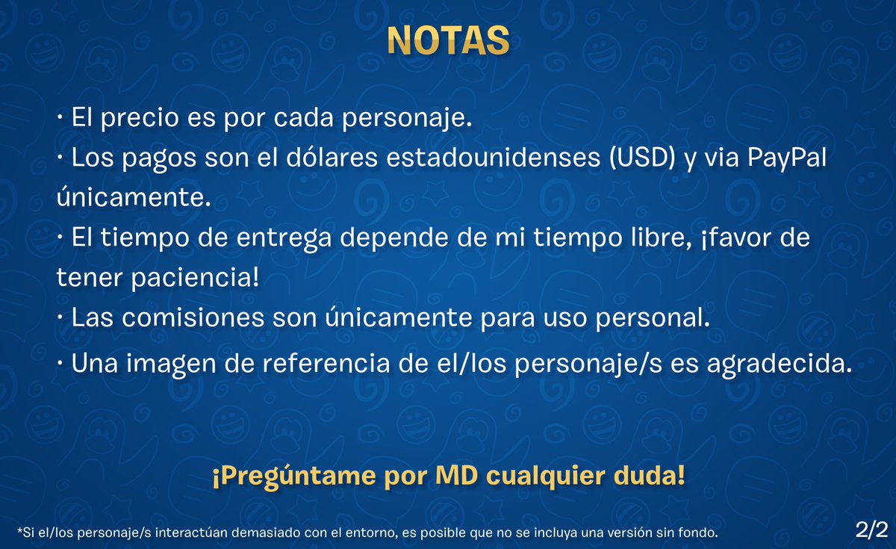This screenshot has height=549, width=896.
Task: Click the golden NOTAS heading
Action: pyautogui.click(x=448, y=41)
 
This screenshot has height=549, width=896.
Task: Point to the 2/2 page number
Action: pyautogui.click(x=871, y=530)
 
